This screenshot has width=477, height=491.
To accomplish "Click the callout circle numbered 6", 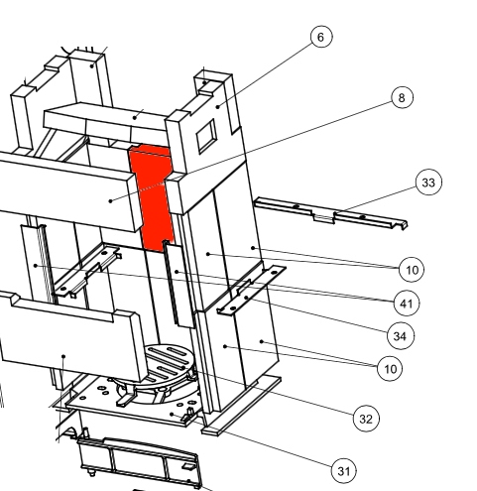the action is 321,37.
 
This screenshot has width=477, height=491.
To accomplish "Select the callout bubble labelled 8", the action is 402,97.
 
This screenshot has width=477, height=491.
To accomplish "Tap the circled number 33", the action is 428,183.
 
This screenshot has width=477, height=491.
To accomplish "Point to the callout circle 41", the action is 407,304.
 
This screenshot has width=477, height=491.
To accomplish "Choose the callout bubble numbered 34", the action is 400,336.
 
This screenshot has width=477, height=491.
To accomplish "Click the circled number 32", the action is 366,419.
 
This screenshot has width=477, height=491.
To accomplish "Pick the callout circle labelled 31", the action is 344,471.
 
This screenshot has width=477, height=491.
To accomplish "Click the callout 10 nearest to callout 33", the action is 412,270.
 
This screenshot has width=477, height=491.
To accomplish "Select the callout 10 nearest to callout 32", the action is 390,368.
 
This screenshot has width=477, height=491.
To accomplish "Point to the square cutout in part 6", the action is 206,135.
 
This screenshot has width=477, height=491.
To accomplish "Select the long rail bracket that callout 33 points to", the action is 330,213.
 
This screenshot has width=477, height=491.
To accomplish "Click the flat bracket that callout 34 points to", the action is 251,290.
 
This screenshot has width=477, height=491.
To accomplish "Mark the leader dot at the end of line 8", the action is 111,200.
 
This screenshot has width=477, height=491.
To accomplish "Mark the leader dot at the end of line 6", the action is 218,106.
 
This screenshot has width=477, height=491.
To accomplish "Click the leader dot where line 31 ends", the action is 172,414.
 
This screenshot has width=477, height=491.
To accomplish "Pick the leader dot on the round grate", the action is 183,367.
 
